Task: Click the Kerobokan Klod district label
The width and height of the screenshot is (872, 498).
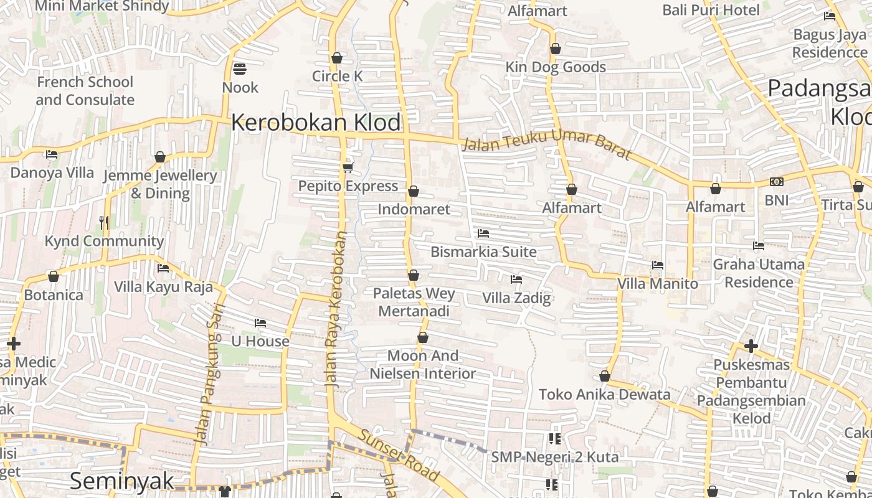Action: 316,123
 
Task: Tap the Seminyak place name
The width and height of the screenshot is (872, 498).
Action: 121,481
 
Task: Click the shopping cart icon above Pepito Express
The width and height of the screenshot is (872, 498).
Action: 348,167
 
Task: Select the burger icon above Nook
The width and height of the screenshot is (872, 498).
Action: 240,68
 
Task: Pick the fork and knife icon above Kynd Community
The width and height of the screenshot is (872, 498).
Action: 104,222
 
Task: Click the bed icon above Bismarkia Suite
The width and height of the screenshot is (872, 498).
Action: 483,233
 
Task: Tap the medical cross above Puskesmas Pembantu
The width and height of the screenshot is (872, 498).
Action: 751,346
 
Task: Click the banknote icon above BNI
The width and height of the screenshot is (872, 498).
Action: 776,182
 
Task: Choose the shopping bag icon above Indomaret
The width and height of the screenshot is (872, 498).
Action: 414,191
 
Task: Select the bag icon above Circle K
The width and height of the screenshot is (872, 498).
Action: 337,58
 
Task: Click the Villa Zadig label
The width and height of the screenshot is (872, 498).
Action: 516,298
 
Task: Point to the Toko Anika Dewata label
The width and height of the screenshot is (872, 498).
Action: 604,394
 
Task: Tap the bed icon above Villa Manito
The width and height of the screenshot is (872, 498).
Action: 657,265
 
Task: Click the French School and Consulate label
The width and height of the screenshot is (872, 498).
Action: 85,91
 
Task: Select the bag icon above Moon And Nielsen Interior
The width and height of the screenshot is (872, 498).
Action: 423,338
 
